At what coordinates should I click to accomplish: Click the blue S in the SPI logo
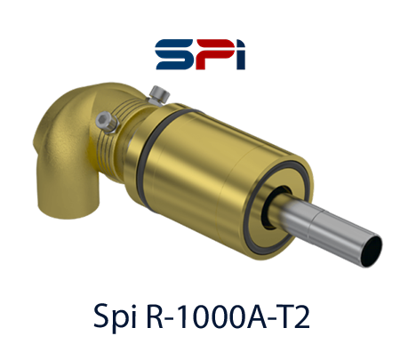[x=173, y=54]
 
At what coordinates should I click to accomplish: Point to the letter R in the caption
[x=155, y=316]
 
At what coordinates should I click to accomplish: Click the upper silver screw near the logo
[x=159, y=94]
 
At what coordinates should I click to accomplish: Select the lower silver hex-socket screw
[x=107, y=122]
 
